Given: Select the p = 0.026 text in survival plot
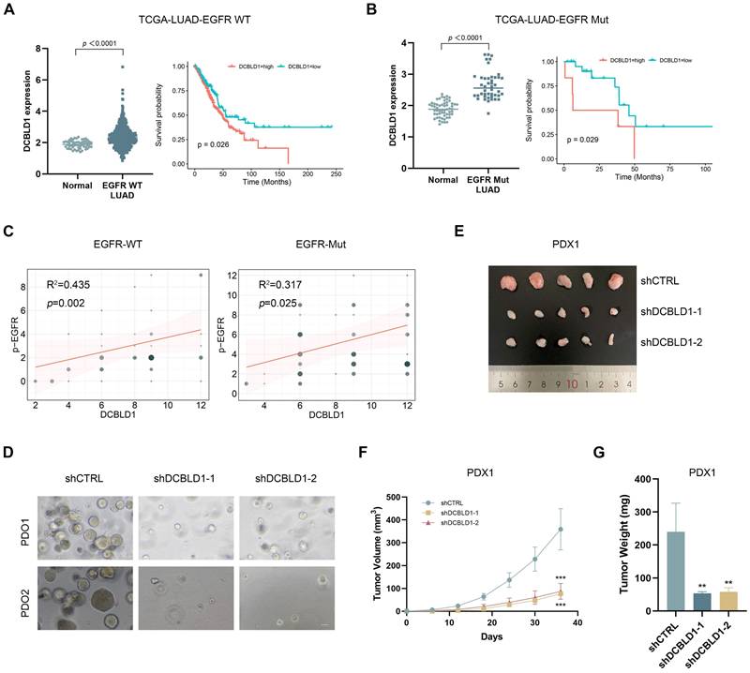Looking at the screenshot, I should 218,143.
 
